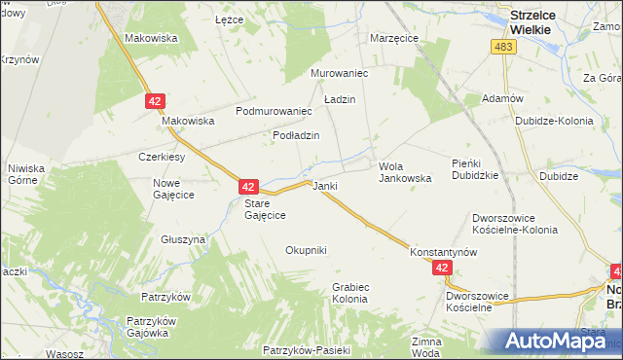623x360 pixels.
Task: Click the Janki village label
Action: click(324, 185)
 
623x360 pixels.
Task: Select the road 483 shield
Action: click(504, 48)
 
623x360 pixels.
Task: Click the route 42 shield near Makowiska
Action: click(156, 100)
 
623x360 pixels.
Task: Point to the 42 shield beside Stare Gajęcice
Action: click(249, 186)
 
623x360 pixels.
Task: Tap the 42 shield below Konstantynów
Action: click(443, 268)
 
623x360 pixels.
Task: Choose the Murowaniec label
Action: click(338, 73)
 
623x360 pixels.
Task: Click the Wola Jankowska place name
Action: click(405, 172)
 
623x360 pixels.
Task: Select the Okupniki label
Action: click(306, 250)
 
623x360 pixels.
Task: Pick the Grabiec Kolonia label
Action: click(349, 293)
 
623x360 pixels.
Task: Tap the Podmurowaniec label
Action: click(274, 111)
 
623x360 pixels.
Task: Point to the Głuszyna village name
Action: click(183, 238)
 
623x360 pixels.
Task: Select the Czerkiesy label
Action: click(162, 157)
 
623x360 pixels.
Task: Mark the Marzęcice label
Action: click(394, 38)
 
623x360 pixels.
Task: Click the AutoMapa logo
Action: click(556, 340)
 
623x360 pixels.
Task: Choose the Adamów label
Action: click(503, 99)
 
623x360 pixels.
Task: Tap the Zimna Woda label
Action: click(426, 346)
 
